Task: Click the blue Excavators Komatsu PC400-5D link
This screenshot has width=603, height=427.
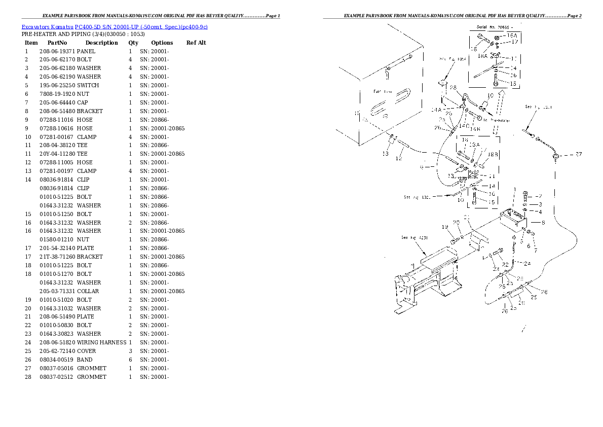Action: pos(115,26)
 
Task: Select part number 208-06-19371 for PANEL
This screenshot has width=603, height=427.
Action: pos(57,51)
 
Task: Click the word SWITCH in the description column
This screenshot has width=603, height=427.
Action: pos(88,85)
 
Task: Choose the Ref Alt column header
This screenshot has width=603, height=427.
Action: pos(196,43)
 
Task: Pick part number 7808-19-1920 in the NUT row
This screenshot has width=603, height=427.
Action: pos(57,94)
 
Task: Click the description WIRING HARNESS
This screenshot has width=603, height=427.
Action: pos(101,342)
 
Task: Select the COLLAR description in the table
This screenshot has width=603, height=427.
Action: pos(88,291)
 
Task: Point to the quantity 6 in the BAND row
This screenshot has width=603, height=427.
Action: pos(130,360)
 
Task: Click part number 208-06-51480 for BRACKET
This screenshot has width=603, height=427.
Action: pos(57,111)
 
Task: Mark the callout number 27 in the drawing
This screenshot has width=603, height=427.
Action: pos(578,154)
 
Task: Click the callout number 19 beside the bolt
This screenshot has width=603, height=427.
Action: pos(444,227)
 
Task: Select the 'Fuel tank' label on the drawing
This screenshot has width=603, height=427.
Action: pos(383,92)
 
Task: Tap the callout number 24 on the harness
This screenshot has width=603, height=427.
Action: pos(527,263)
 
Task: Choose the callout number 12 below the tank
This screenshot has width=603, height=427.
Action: pos(399,159)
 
